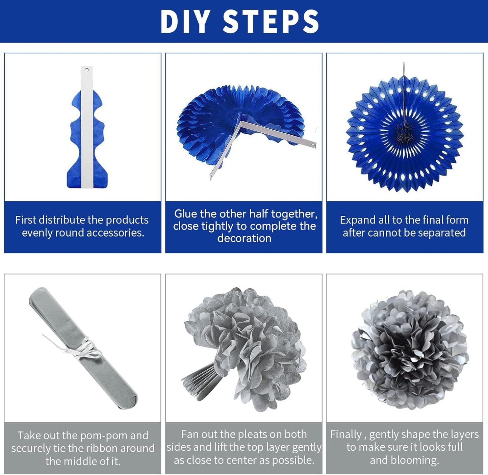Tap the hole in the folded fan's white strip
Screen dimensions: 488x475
[87, 70]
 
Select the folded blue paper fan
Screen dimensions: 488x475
[87, 127]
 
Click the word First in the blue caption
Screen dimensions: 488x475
[26, 220]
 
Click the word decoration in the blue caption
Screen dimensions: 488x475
[244, 238]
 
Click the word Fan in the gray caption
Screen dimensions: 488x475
[189, 434]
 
